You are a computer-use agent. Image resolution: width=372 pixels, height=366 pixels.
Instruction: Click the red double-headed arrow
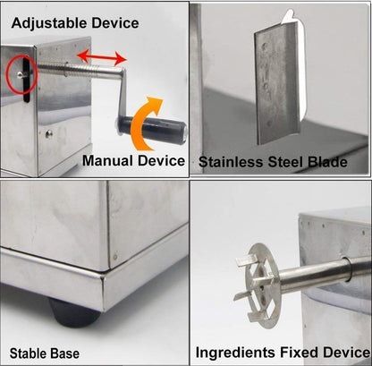coord(99,57)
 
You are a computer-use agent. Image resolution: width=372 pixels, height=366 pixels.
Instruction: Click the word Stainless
coord(230,162)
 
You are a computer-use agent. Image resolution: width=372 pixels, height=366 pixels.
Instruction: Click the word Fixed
coord(301,353)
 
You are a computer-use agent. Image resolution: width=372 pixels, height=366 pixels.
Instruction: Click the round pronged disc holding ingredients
coord(264,272)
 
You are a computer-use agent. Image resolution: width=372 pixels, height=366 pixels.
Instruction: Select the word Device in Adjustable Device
coord(113,22)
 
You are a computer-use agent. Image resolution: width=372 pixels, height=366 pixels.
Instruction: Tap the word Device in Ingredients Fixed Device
coord(345,353)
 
